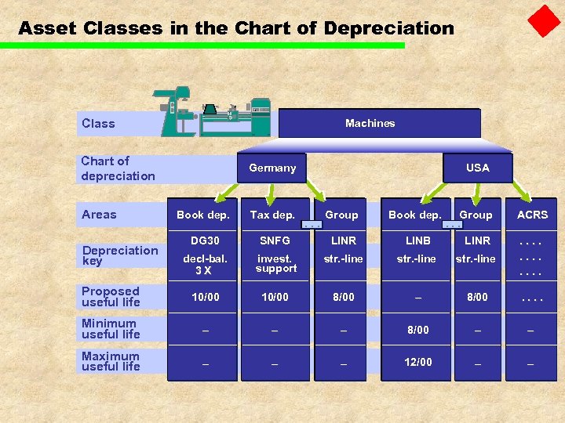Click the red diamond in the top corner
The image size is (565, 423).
point(544,21)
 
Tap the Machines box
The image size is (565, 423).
point(370,123)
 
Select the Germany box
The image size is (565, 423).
point(272,168)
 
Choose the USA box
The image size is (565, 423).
point(477,168)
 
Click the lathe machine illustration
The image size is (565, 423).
point(216,112)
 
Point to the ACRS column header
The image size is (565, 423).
point(532,215)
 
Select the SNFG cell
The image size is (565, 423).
point(275,240)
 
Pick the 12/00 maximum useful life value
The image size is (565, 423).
point(417,362)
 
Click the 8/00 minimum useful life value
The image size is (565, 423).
point(417,330)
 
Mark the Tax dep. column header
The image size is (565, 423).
point(272,215)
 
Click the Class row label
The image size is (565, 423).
point(98,124)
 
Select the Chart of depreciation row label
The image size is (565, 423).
point(118,168)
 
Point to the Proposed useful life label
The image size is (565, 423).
point(111,297)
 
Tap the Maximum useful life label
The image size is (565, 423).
point(111,361)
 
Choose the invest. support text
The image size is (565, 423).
point(275,264)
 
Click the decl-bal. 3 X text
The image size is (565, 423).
point(202,265)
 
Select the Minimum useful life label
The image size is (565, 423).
point(111,329)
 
